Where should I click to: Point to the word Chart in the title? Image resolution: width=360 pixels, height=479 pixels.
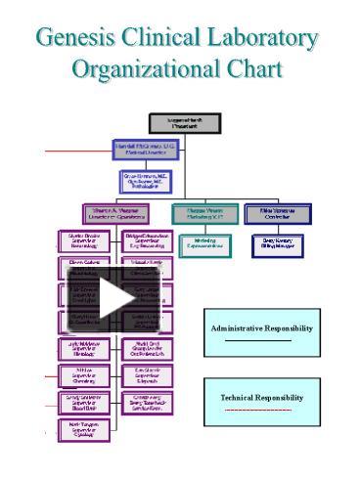(x=253, y=70)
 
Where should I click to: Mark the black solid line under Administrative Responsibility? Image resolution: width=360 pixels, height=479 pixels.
(x=258, y=340)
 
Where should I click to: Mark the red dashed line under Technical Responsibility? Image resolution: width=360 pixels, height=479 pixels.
(x=258, y=410)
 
